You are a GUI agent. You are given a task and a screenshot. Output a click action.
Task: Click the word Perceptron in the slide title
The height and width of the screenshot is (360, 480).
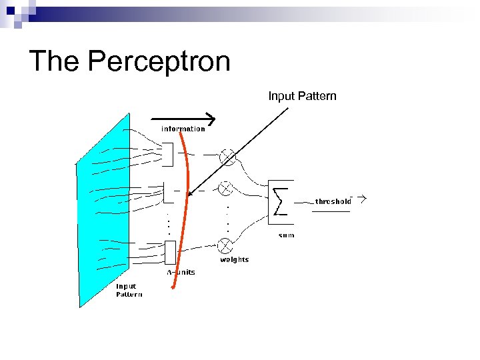(x=159, y=61)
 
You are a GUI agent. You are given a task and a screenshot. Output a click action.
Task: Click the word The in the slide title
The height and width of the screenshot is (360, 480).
(x=55, y=61)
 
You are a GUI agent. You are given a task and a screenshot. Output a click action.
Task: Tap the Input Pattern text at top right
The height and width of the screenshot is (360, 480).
(x=302, y=96)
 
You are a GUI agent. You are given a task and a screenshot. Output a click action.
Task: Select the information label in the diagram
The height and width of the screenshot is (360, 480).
(x=183, y=129)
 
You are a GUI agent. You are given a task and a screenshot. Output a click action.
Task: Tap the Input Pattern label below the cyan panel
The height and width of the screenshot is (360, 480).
(x=129, y=290)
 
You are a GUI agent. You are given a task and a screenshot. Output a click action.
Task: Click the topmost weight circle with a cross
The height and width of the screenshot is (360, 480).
(x=228, y=157)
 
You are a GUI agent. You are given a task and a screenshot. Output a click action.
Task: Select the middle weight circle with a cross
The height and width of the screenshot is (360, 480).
(x=227, y=189)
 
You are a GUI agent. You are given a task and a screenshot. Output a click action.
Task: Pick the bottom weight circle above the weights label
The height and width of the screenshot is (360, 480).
(x=226, y=244)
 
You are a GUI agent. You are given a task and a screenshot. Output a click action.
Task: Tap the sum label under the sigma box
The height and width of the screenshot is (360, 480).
(x=285, y=235)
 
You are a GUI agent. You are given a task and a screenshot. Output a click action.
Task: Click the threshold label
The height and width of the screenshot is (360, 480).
(x=333, y=201)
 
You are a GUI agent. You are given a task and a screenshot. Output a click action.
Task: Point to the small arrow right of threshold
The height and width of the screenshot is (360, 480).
(x=361, y=199)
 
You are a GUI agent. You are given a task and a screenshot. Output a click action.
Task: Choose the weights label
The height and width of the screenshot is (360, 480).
(x=234, y=259)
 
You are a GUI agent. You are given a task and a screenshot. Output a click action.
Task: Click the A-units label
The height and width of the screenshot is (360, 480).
(x=180, y=272)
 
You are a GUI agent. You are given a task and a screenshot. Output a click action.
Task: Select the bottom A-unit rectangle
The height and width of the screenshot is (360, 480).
(x=170, y=252)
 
